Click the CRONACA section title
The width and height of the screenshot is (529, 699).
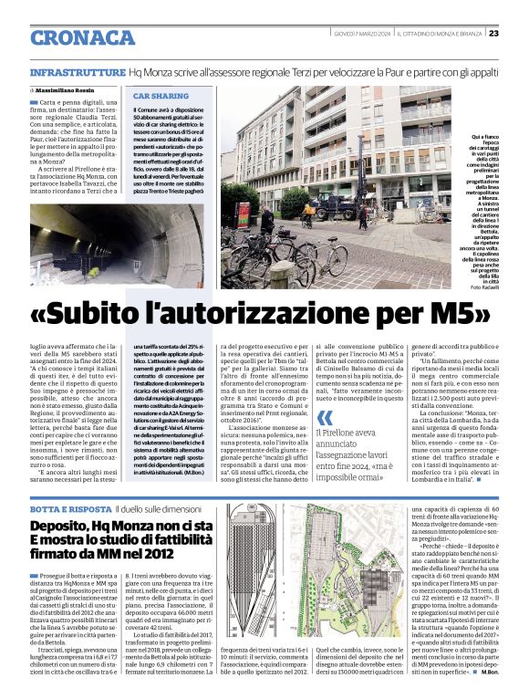tap(83, 37)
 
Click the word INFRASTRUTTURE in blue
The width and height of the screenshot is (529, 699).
tap(78, 70)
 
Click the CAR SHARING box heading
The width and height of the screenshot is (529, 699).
tap(161, 96)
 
